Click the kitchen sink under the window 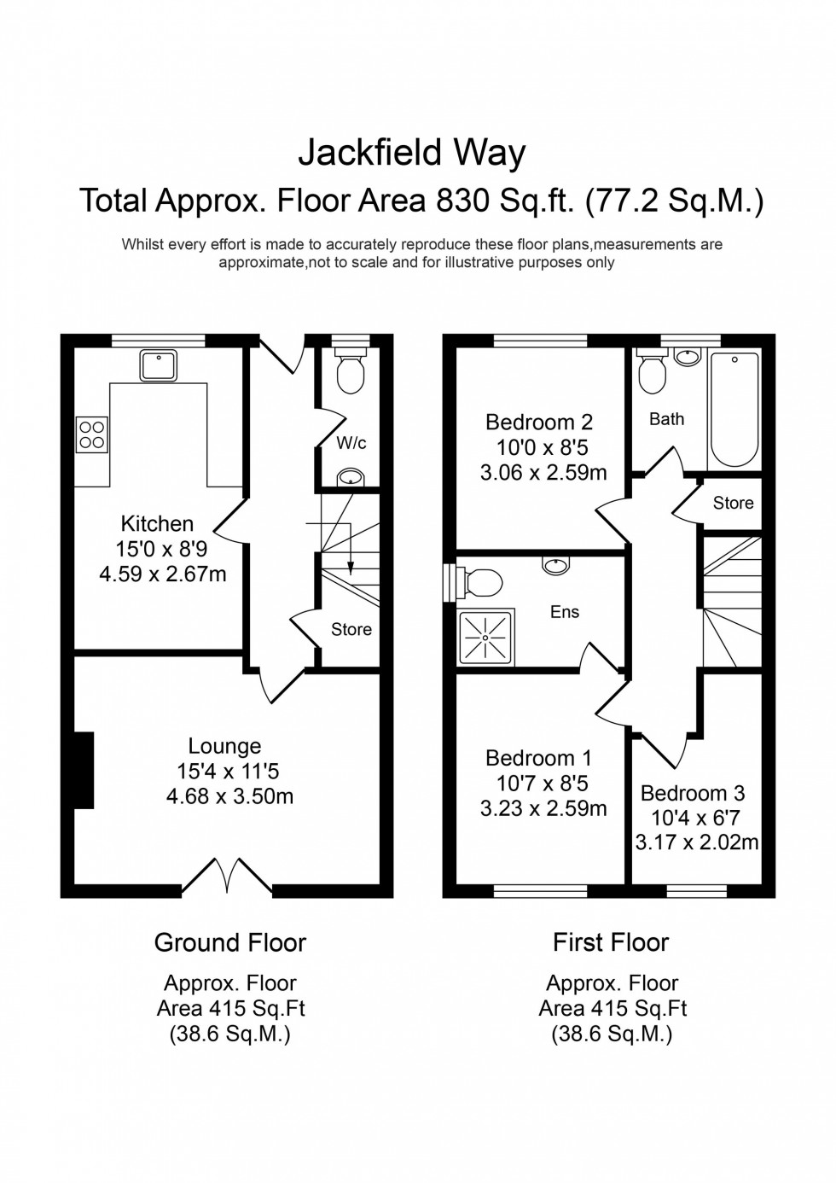point(159,366)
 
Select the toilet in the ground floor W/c point(351,371)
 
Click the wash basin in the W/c point(350,478)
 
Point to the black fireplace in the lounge point(83,770)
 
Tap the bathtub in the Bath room point(734,410)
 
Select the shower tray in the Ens point(487,637)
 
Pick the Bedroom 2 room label point(538,422)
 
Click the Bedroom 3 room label point(693,792)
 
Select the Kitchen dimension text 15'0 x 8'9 point(162,549)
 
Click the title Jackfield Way point(411,153)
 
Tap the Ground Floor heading point(229,942)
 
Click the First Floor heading point(611,942)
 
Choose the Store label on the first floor point(733,503)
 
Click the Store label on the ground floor point(351,629)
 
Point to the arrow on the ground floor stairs point(351,559)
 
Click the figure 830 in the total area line point(463,201)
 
